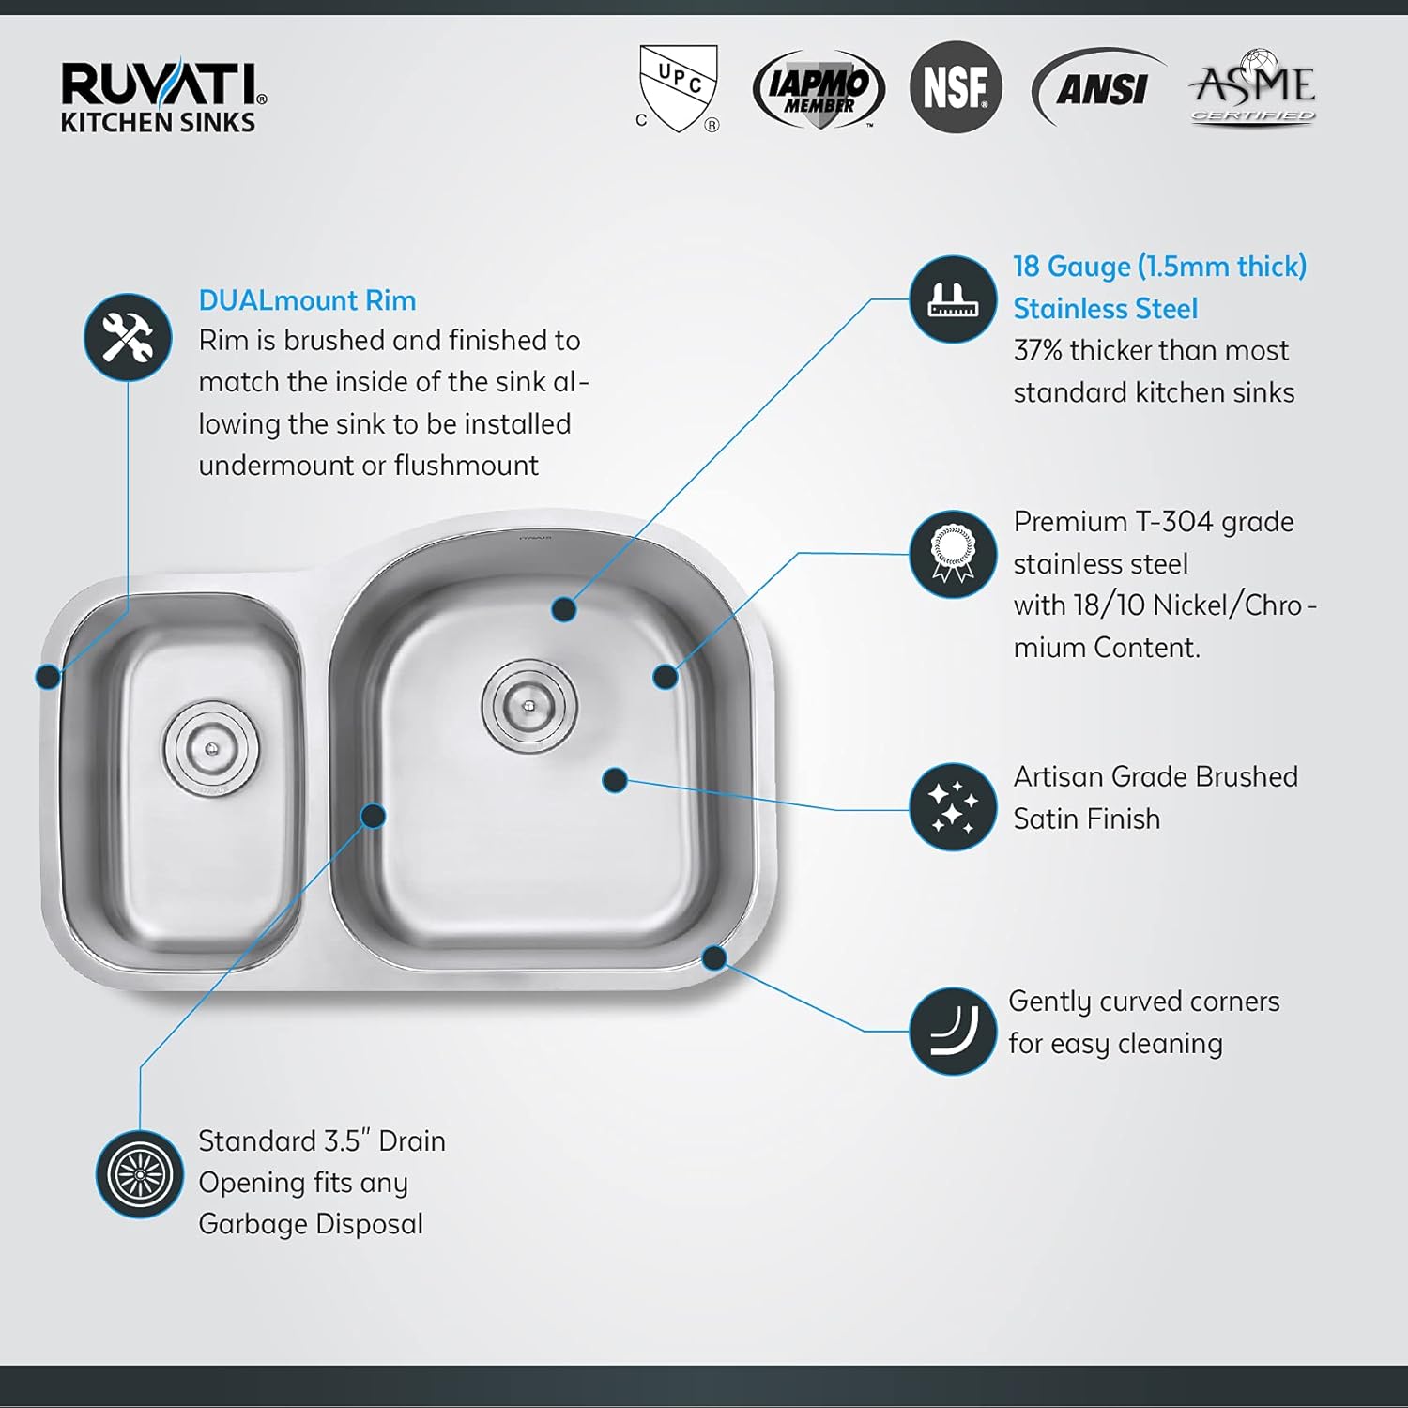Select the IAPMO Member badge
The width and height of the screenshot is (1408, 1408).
click(x=819, y=89)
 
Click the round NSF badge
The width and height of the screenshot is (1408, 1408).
click(x=956, y=87)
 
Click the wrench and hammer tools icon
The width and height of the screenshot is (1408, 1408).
click(x=128, y=337)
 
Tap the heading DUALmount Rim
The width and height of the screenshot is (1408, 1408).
click(x=307, y=300)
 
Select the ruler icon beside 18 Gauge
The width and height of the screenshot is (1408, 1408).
click(x=953, y=299)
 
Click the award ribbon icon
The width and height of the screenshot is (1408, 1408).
click(x=953, y=555)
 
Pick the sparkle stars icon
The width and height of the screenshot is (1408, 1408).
click(x=953, y=807)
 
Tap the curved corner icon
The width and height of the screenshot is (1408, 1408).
click(x=953, y=1031)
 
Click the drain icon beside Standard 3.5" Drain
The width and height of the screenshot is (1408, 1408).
click(x=140, y=1174)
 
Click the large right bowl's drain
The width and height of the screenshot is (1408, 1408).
click(x=529, y=704)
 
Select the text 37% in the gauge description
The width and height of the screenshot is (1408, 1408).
click(x=1037, y=351)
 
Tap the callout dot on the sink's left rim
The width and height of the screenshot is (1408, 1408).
click(x=48, y=675)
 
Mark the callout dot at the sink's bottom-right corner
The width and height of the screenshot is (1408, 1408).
click(x=714, y=957)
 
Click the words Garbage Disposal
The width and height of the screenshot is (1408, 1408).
click(x=310, y=1224)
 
